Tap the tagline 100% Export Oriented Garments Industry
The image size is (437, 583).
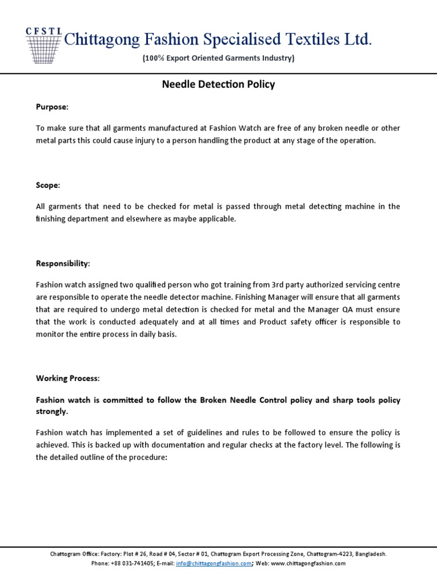(218, 59)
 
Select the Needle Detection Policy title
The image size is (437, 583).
(218, 85)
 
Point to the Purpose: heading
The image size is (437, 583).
(52, 107)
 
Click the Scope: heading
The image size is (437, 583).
(48, 186)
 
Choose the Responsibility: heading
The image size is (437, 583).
(63, 264)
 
